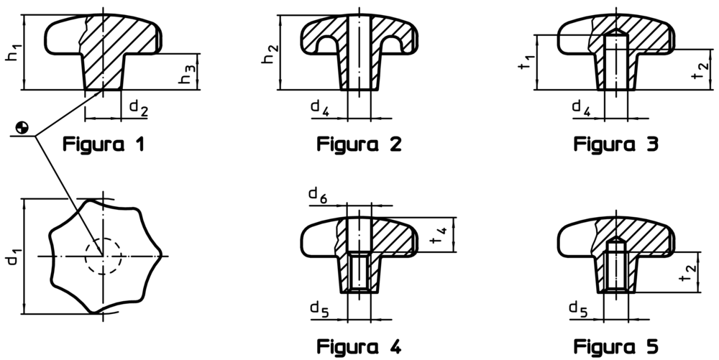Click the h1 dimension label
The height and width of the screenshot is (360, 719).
[13, 54]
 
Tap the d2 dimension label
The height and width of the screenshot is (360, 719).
[139, 107]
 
